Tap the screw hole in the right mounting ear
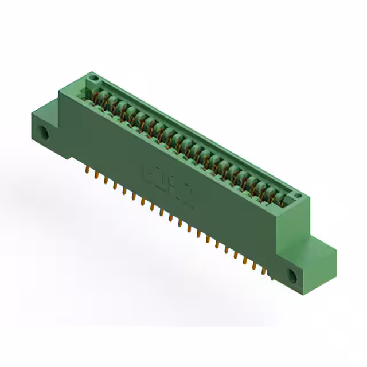point(292,276)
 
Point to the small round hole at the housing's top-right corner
point(298,197)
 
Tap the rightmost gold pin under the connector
point(264,271)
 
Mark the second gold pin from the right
point(255,266)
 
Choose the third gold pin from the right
point(246,260)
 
